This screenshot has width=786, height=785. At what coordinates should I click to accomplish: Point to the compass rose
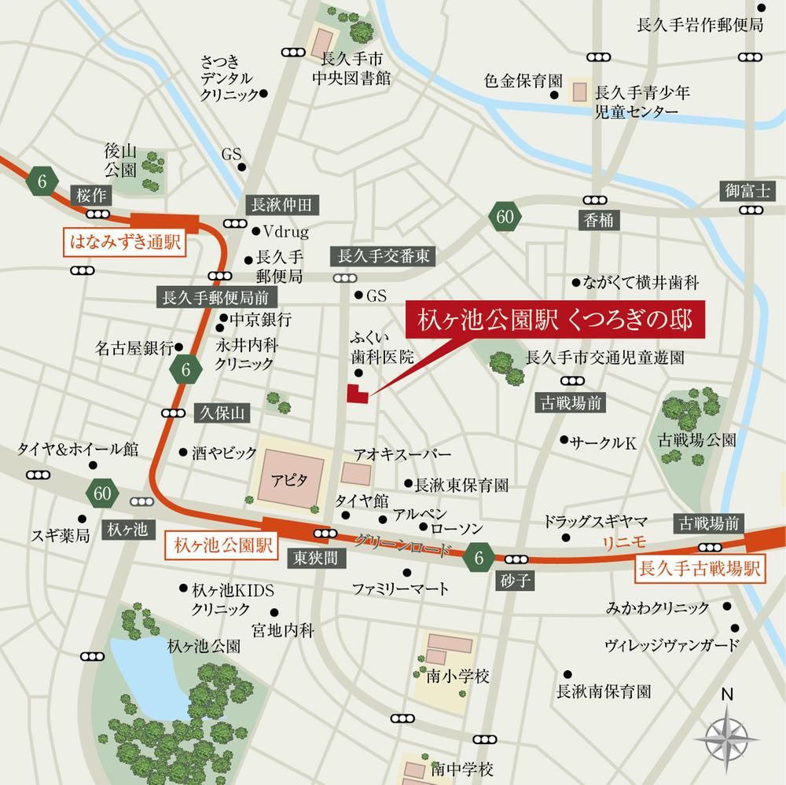[x=727, y=735]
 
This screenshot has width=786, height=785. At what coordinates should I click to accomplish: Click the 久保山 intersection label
[x=223, y=412]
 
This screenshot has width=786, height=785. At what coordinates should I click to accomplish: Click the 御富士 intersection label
[x=748, y=190]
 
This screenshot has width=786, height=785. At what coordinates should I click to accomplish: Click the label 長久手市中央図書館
[x=351, y=68]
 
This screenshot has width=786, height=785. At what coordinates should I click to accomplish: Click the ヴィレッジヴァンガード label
[x=672, y=646]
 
